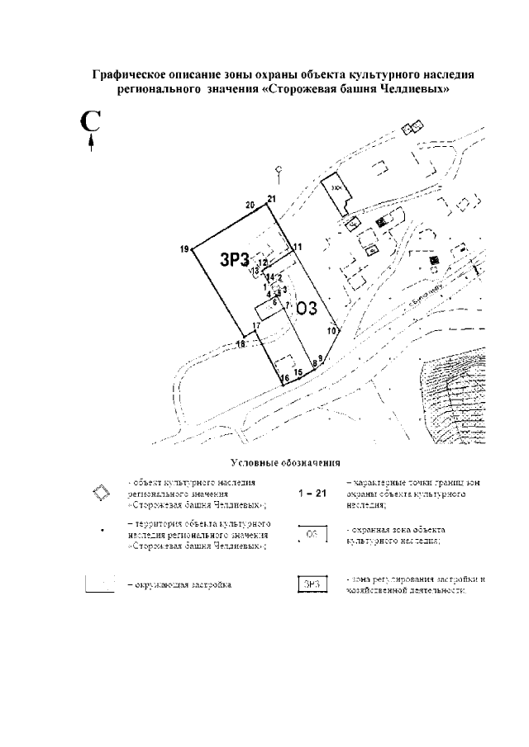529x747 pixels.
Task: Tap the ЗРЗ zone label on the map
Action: tap(234, 259)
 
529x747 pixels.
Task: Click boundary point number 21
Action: tap(270, 198)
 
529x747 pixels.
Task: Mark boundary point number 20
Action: tap(250, 205)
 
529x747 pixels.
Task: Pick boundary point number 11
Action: tap(298, 247)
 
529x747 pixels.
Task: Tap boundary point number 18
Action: tap(241, 344)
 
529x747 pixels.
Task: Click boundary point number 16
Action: tap(284, 379)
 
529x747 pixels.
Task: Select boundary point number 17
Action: tap(257, 327)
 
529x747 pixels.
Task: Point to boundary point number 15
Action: tap(298, 373)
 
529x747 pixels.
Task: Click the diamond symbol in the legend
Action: tap(100, 494)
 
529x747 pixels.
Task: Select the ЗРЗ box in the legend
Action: tap(312, 584)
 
